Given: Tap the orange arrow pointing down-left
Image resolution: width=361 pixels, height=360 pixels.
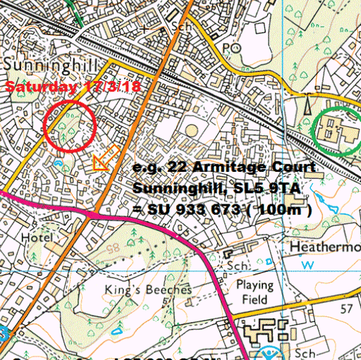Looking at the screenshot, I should [x=104, y=159].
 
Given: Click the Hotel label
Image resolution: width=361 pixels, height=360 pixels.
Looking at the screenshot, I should [x=37, y=238].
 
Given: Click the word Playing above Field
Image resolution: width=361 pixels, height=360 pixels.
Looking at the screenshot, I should [x=254, y=285].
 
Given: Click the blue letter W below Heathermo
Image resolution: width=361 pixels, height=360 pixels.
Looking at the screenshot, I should [x=307, y=265].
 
